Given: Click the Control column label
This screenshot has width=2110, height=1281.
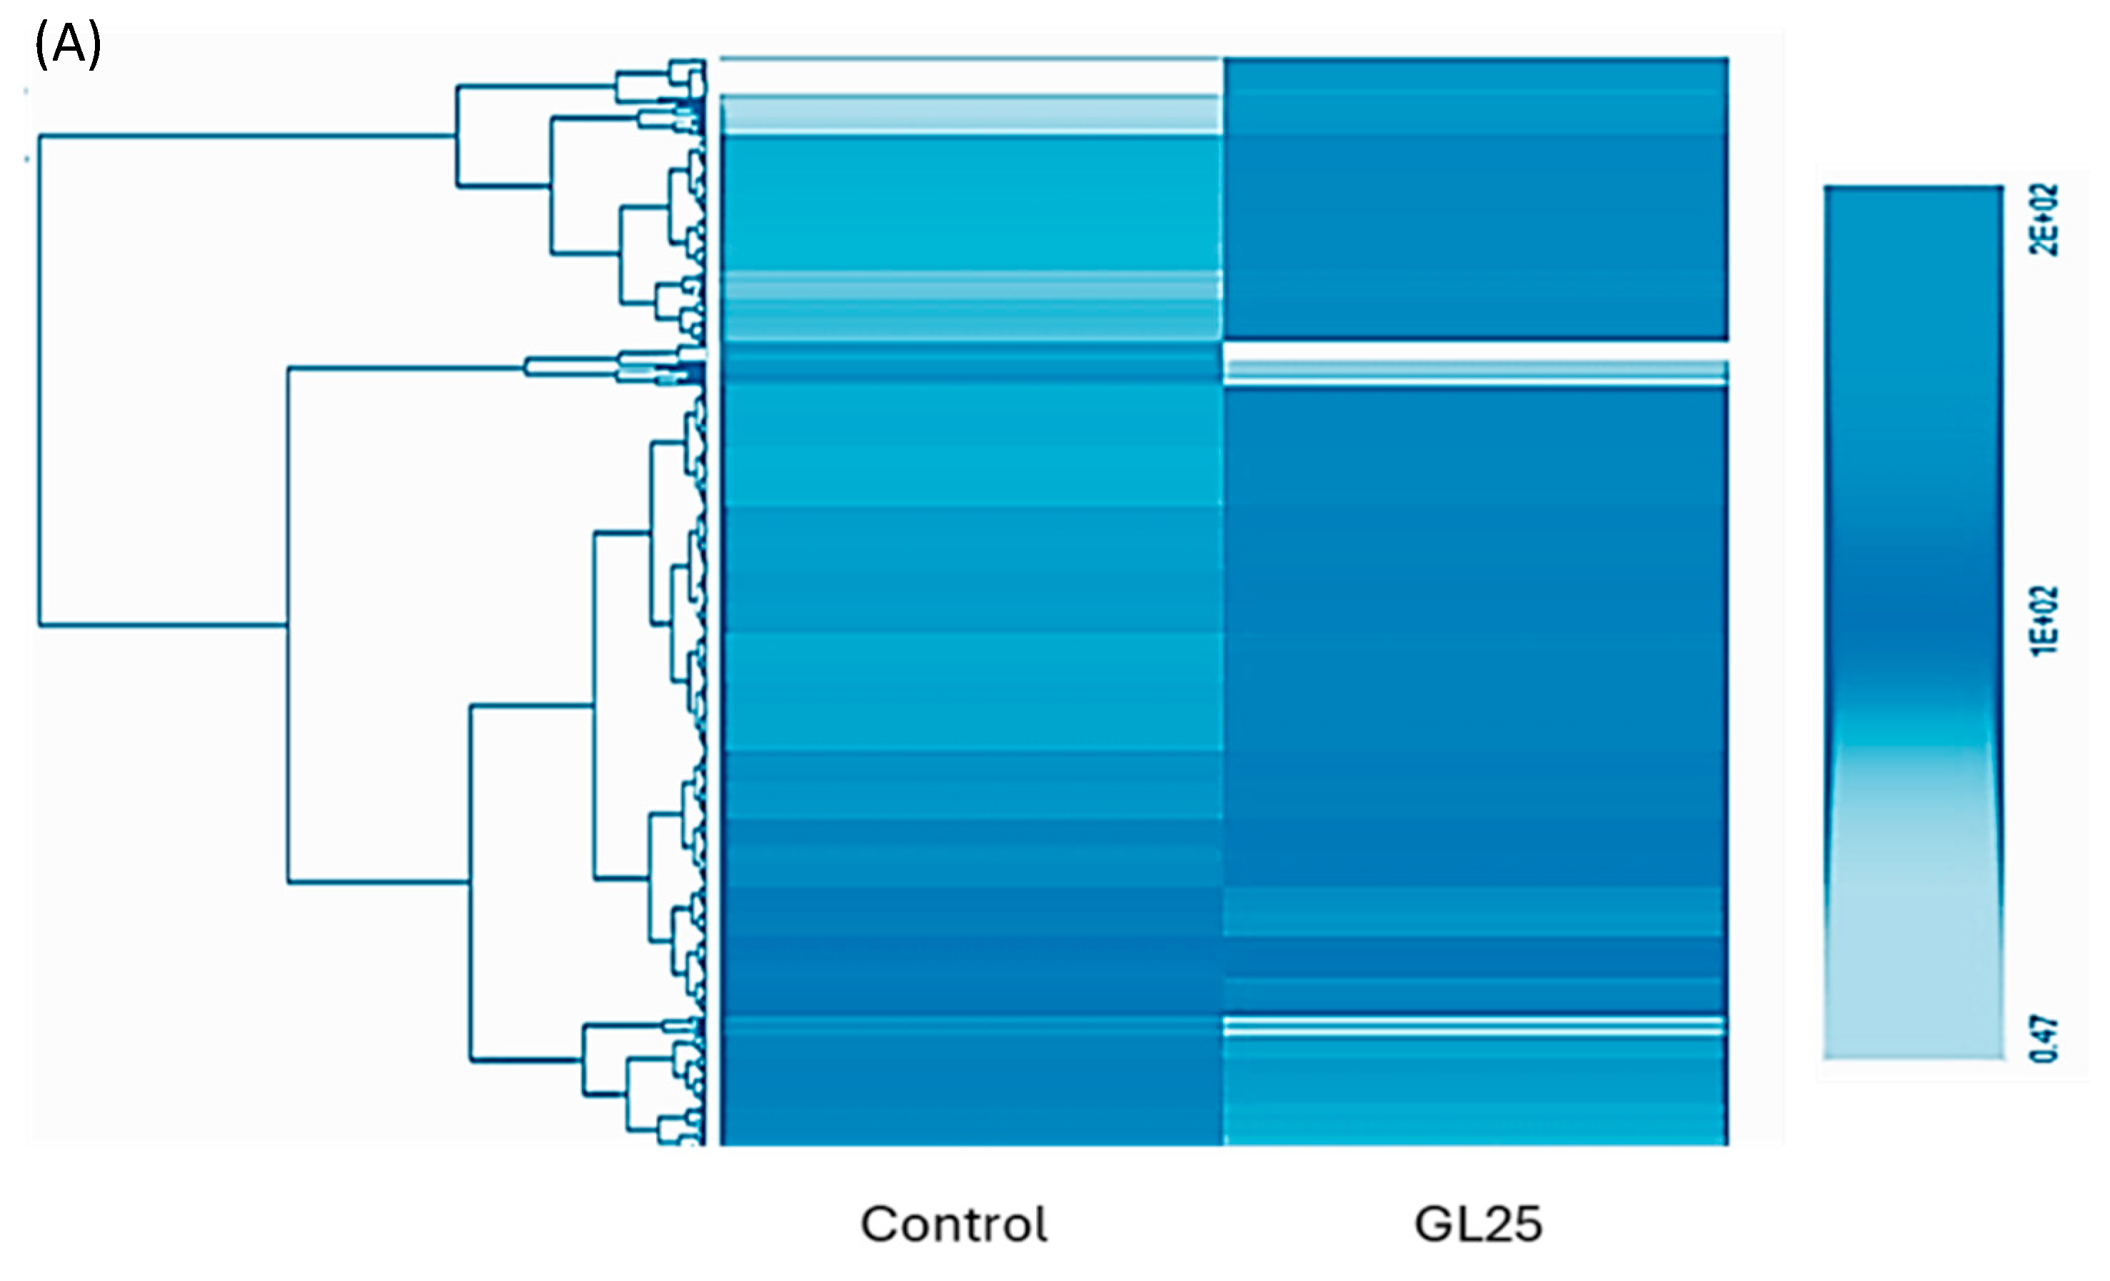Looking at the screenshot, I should click(953, 1225).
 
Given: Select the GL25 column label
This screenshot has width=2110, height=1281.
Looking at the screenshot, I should click(1478, 1225).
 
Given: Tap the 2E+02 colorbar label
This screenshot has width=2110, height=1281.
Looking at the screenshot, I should click(2045, 220).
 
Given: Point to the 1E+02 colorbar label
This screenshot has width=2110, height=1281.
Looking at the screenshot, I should click(2045, 621).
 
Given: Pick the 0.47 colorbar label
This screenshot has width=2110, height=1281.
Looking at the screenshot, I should click(2045, 1038).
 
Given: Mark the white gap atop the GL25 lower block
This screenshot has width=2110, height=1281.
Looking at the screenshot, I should click(1475, 351).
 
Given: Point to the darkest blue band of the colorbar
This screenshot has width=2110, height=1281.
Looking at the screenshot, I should click(1913, 616).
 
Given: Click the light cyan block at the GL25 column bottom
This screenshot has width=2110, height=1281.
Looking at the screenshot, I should click(1475, 1105).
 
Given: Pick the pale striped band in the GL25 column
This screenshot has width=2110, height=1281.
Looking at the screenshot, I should click(1475, 373).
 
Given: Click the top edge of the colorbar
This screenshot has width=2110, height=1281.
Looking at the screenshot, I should click(1913, 186).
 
